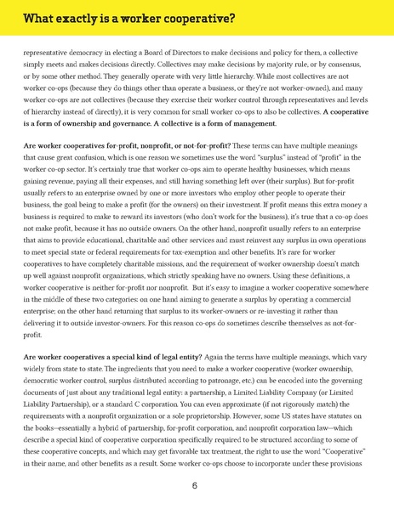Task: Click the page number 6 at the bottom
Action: point(195,486)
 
